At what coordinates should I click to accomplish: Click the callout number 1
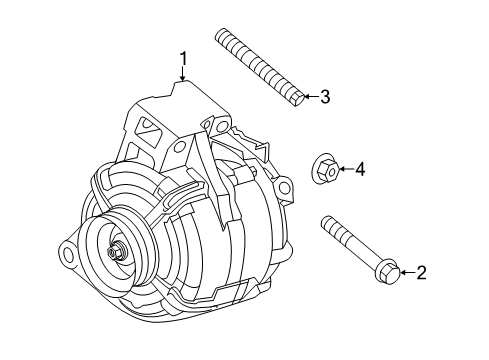pos(183,61)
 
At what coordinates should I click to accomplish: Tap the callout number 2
pos(421,270)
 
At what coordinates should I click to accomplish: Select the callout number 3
pos(323,97)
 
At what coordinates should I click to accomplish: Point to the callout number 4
pos(360,170)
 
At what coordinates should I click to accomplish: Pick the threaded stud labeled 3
pos(258,66)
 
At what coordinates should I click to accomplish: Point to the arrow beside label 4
pos(343,170)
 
